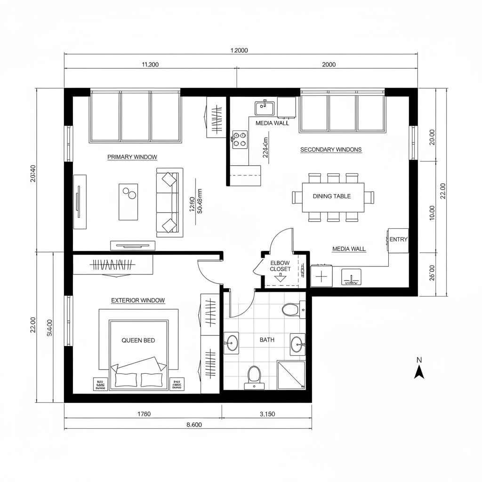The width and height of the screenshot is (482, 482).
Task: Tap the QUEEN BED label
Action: point(138,340)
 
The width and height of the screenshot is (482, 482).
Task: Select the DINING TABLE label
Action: point(332,196)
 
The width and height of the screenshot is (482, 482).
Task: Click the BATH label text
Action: point(267,339)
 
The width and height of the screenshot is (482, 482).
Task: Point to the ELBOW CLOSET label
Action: point(280,266)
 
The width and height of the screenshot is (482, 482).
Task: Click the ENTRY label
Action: point(398,239)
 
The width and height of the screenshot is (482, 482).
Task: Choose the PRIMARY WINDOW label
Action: point(132,157)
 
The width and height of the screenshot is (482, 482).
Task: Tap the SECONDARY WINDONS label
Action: point(331,150)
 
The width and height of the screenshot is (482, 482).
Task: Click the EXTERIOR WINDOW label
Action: point(138,300)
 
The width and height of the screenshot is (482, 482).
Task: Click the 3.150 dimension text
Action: point(267,414)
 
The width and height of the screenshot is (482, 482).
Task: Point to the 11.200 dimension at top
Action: point(150,65)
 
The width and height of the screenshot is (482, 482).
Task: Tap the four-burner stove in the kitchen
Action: point(240,139)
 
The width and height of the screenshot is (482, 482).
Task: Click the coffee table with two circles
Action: point(128,201)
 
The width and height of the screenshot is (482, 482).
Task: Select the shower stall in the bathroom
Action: point(291,375)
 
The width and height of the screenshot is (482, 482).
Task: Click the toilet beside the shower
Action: point(254,376)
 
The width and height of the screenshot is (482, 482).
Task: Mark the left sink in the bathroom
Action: point(231,342)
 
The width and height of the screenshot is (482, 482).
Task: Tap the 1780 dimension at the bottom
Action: point(144,414)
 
